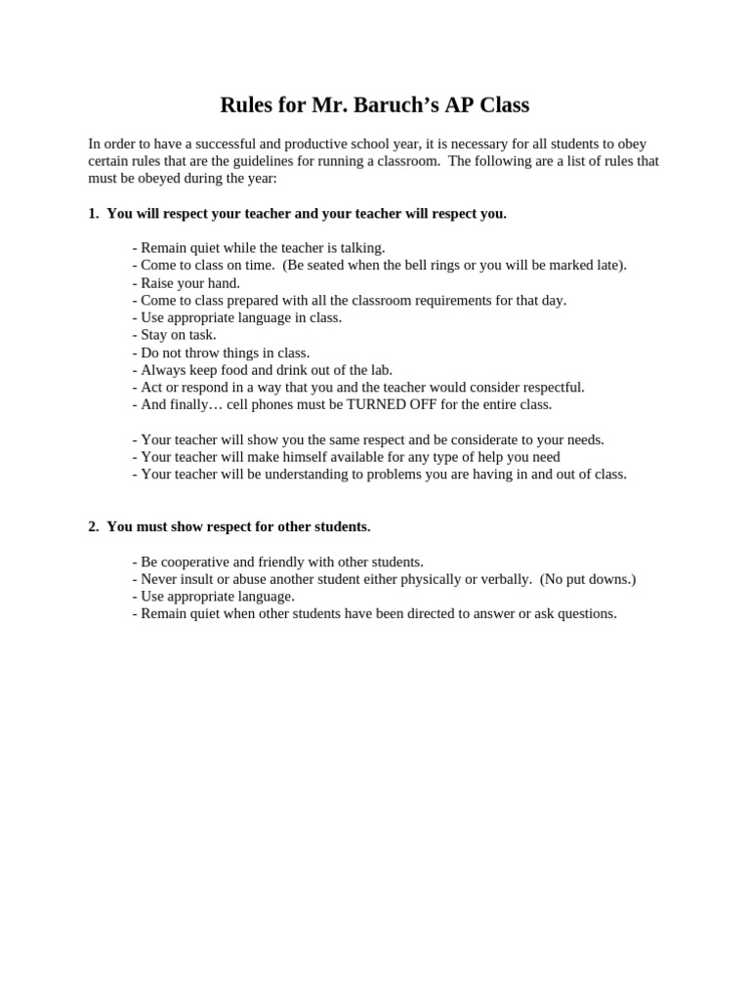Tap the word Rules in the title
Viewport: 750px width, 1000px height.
248,104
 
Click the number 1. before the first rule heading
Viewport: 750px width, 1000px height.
94,214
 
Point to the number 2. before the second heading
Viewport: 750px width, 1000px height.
94,527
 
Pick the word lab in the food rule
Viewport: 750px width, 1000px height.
378,370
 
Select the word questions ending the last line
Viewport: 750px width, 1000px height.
585,614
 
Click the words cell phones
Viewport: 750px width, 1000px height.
258,404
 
